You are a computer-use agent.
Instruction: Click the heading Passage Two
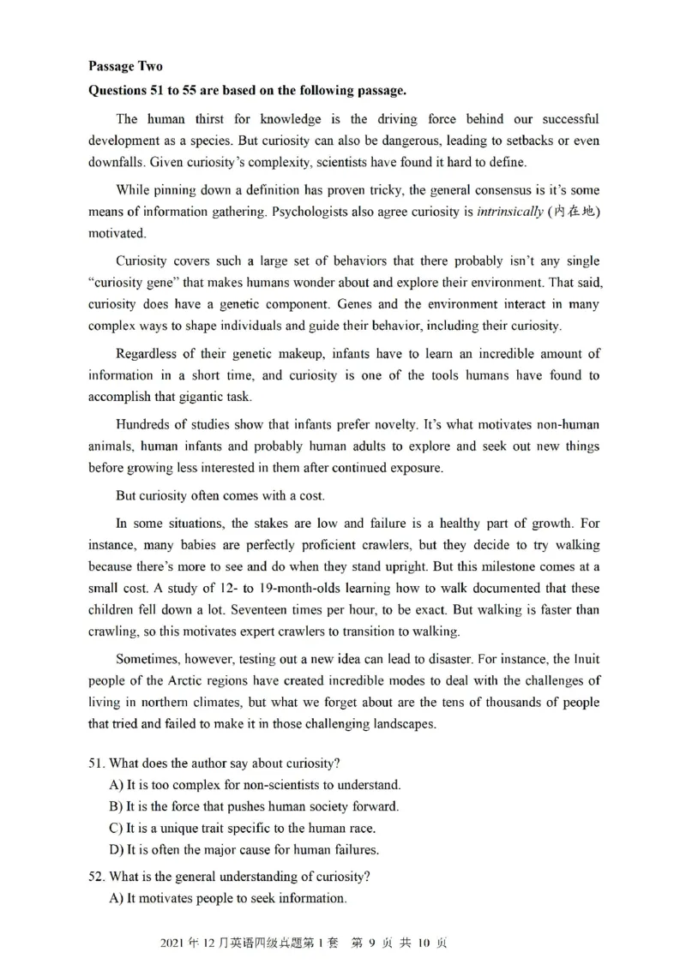click(124, 66)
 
